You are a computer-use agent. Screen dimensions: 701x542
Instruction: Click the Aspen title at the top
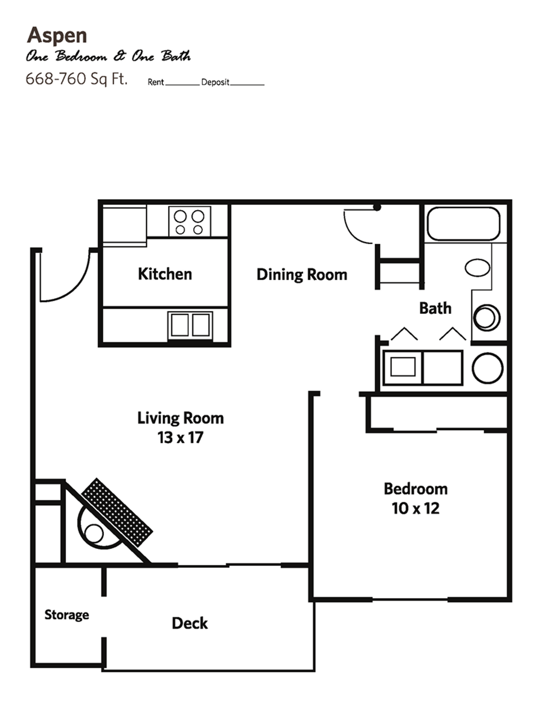[57, 35]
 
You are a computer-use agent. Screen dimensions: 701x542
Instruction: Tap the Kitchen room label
[165, 274]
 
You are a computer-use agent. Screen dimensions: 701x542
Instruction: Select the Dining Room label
[302, 275]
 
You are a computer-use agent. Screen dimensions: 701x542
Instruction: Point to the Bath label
[435, 308]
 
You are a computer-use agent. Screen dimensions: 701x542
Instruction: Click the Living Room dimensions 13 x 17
[180, 437]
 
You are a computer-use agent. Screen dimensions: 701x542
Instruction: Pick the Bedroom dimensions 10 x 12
[416, 508]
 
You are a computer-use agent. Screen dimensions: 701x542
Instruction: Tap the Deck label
[190, 623]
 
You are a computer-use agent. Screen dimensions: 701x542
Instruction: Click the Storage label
[66, 615]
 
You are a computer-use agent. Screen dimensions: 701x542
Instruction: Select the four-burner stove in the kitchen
[189, 222]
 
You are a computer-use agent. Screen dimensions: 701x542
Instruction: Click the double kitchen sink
[190, 325]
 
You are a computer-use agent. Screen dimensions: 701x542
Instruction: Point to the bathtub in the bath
[463, 223]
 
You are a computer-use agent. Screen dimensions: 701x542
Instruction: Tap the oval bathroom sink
[477, 268]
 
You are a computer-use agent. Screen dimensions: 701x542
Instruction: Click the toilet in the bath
[486, 317]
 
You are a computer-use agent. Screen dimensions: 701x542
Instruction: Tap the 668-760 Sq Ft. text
[76, 79]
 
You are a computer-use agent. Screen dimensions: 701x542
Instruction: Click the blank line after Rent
[182, 84]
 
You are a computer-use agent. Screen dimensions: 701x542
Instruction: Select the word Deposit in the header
[215, 82]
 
